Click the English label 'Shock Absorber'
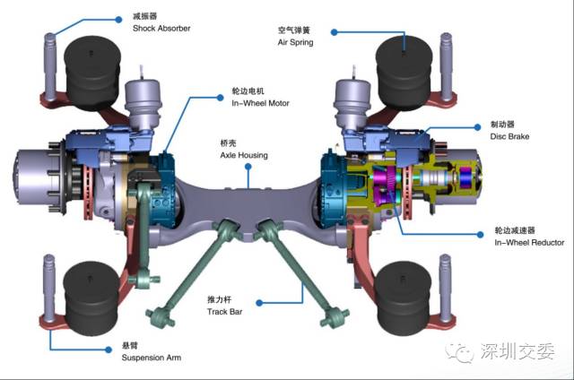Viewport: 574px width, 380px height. [x=161, y=29]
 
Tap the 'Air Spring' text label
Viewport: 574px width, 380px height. [x=295, y=42]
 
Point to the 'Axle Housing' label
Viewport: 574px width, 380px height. [x=244, y=155]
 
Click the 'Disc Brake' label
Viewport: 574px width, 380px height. [x=510, y=137]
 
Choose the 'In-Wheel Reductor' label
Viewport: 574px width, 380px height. [x=529, y=243]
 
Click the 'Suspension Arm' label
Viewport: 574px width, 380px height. [x=152, y=358]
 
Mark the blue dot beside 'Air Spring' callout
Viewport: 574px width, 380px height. [x=334, y=31]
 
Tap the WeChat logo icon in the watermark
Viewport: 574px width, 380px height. [x=465, y=352]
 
